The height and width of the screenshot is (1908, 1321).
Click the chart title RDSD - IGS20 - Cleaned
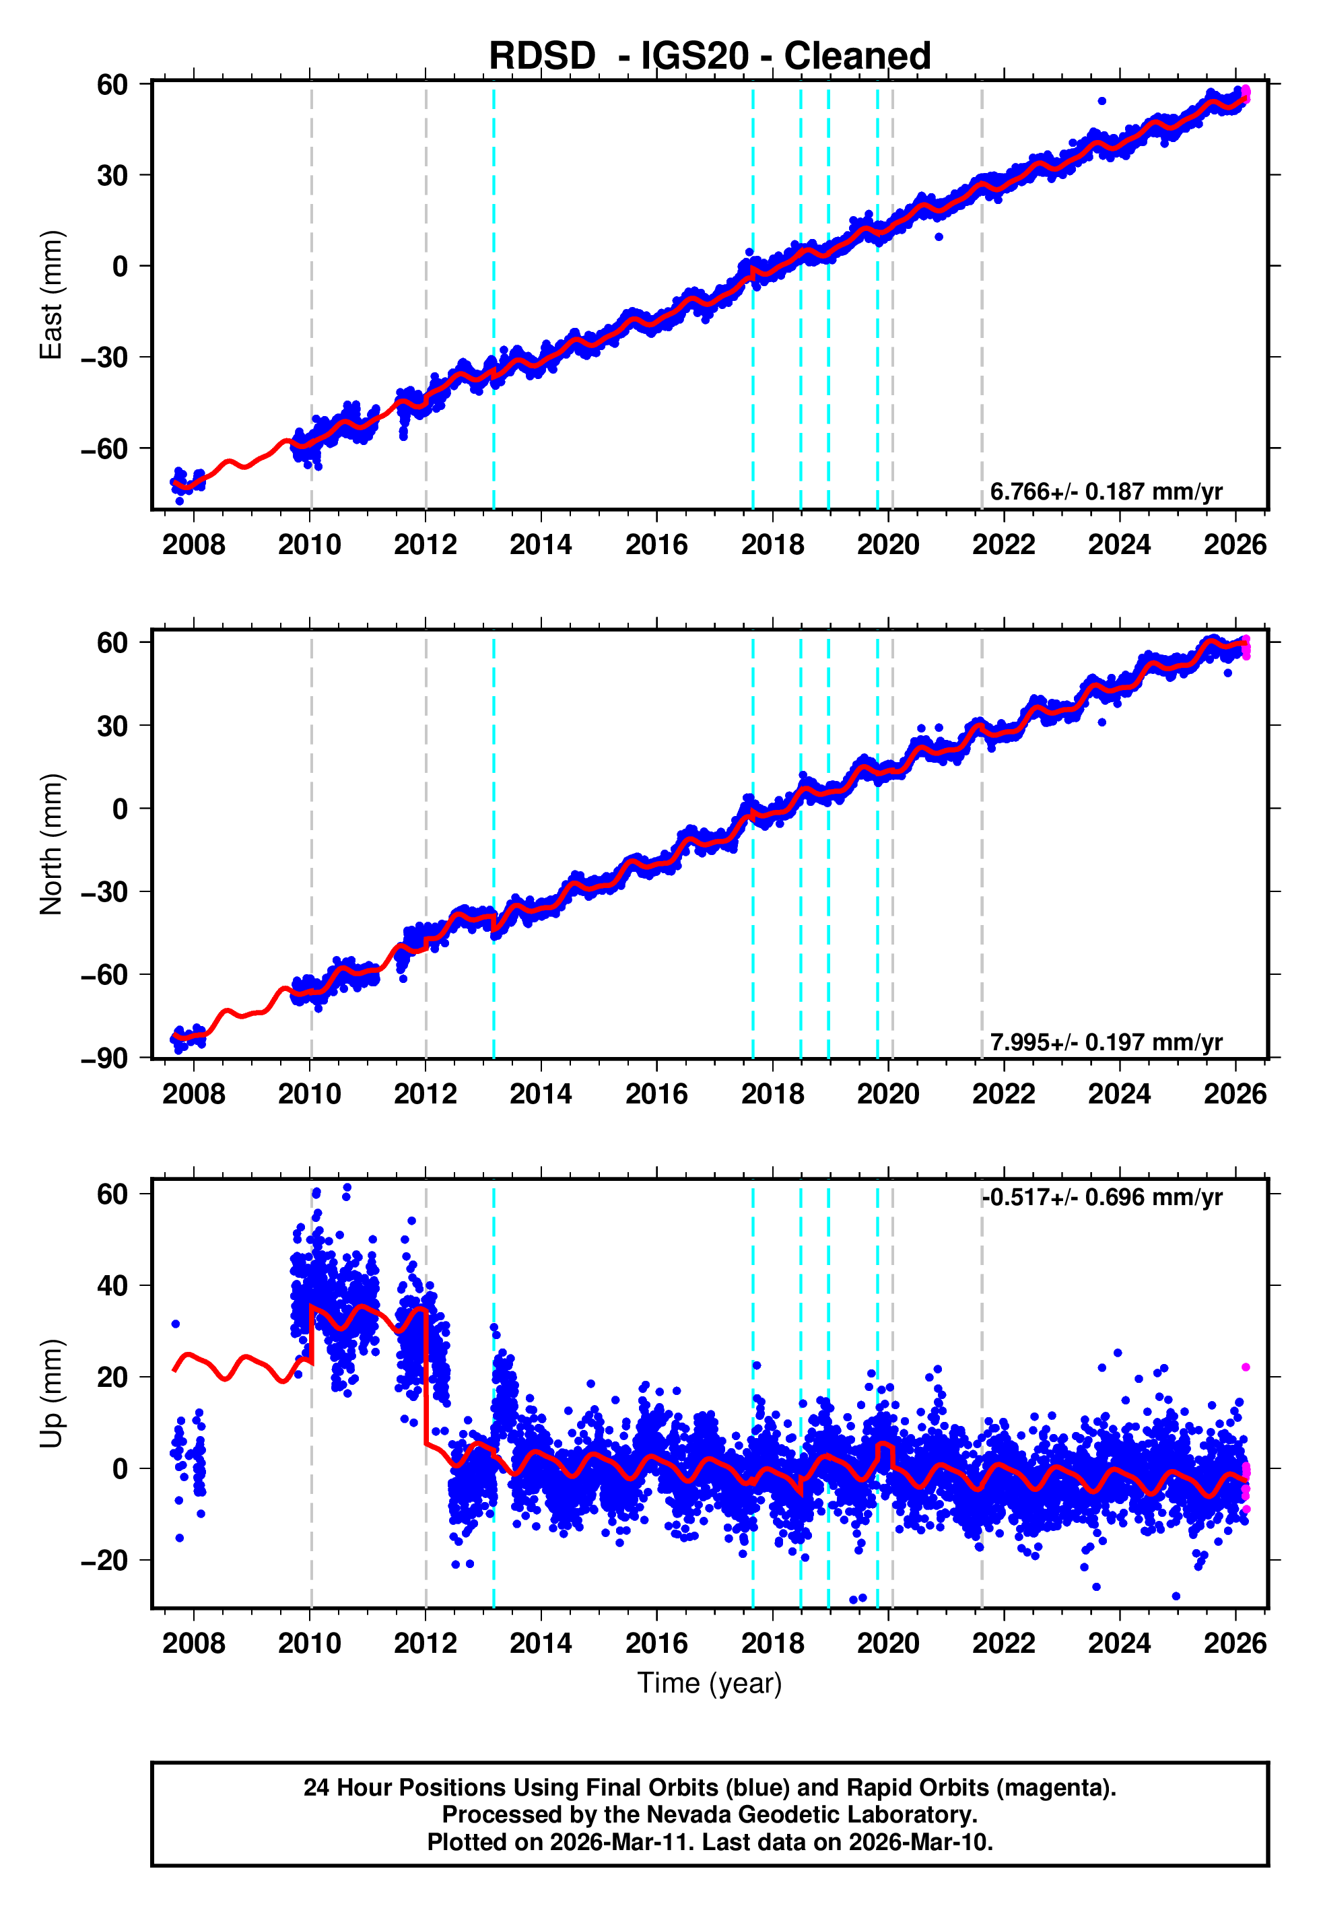710,57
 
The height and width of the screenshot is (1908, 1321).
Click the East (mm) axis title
51,295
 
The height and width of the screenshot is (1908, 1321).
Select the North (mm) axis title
51,844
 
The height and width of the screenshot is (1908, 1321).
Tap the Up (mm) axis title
51,1394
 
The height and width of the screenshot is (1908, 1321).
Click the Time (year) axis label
710,1683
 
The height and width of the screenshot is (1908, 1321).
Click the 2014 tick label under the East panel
541,545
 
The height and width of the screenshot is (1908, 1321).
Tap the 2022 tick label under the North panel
1003,1094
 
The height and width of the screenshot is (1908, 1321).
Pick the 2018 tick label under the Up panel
772,1643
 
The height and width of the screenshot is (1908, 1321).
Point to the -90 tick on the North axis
104,1058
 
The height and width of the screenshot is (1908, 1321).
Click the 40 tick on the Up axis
112,1286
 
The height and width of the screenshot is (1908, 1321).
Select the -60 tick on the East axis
104,448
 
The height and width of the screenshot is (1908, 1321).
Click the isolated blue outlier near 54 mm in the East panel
1102,101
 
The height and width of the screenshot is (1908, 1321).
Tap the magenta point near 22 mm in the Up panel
1246,1367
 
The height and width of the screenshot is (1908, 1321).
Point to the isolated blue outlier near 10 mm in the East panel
939,236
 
